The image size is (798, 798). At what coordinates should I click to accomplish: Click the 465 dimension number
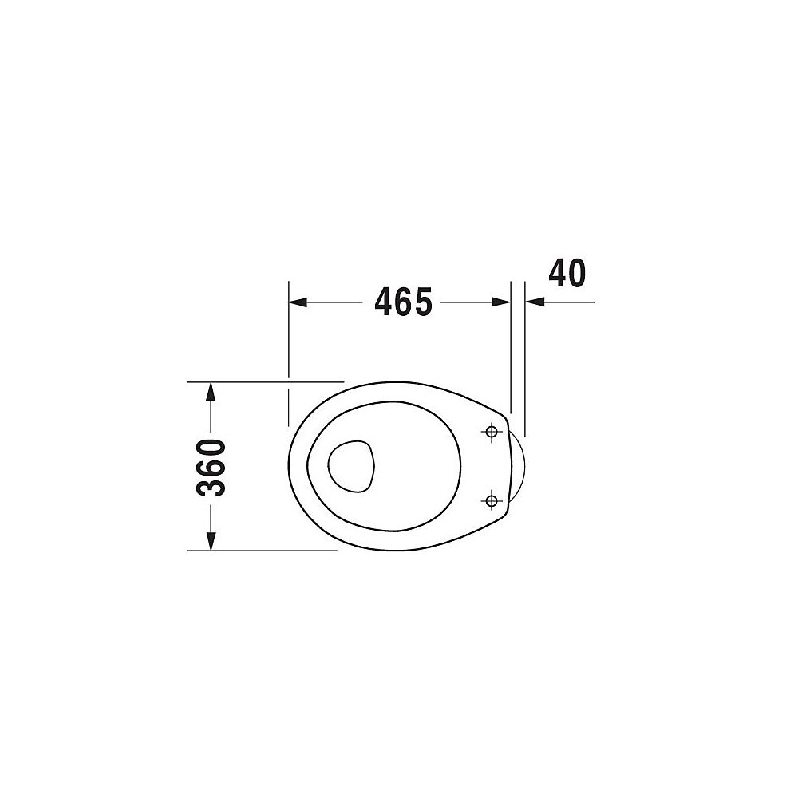[403, 302]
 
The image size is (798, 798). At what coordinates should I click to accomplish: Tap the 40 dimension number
[567, 273]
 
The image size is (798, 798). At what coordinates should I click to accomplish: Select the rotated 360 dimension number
[211, 467]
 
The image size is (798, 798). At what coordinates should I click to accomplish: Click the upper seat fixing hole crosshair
[491, 432]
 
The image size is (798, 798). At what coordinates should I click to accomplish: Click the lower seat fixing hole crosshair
[491, 501]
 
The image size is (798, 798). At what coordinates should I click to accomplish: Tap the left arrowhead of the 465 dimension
[298, 302]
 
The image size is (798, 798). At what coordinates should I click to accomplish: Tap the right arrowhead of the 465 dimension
[501, 302]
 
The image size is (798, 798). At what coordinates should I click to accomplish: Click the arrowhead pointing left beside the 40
[535, 302]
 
